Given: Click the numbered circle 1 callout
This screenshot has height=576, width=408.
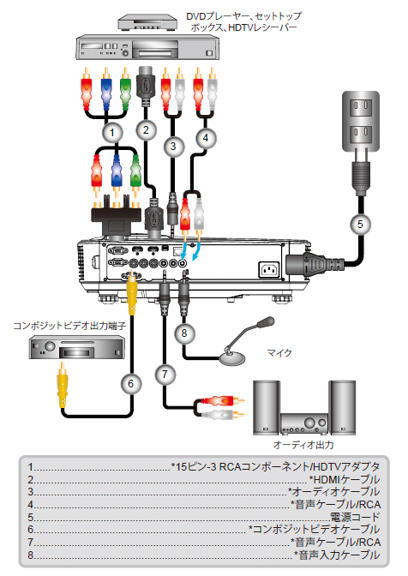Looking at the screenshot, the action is click(112, 133).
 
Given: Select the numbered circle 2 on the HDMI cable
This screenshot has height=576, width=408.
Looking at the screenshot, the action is click(146, 130).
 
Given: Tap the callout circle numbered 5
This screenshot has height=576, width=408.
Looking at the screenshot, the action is click(360, 224).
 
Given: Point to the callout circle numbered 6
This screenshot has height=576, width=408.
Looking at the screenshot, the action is click(131, 384).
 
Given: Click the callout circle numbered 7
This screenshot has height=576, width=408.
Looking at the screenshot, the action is click(165, 375).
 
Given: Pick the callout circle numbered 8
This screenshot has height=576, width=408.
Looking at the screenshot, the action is click(184, 333).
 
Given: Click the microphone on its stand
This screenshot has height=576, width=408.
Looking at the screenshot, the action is click(246, 342).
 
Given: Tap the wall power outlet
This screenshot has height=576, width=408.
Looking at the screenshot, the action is click(361, 121).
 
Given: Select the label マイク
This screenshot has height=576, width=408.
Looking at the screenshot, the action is click(279, 353).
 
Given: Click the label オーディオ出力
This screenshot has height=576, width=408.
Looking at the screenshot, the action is click(303, 445).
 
